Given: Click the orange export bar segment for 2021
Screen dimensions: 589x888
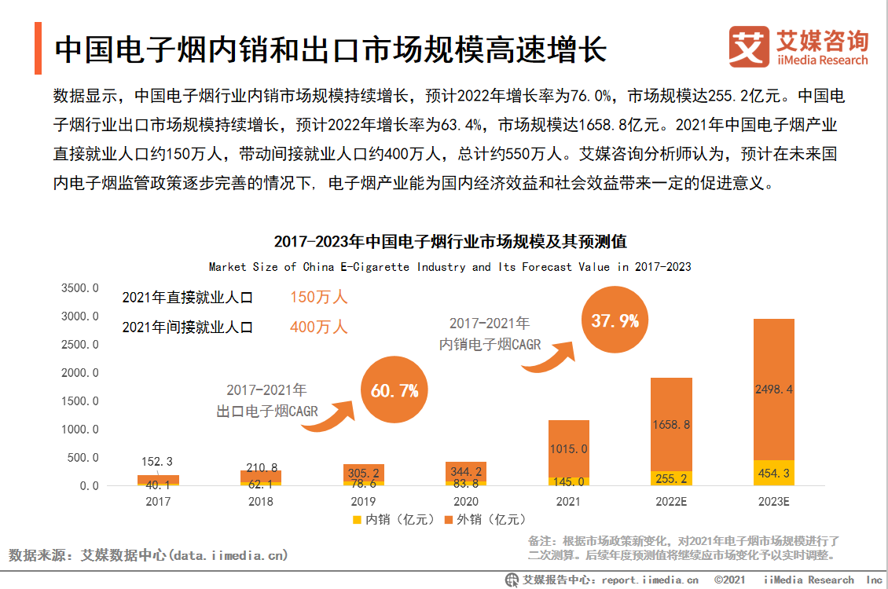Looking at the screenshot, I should pos(568,448).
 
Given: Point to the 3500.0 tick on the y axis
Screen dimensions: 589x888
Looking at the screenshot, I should pos(80,288).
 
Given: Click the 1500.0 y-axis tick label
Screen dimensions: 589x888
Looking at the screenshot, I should pos(80,401).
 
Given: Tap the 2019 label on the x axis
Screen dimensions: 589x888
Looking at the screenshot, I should pos(363,501).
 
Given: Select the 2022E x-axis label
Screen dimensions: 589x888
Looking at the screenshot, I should pos(670,501).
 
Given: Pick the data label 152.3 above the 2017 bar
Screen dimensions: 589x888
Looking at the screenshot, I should pos(158,462).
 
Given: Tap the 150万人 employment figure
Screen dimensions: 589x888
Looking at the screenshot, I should pos(318,298).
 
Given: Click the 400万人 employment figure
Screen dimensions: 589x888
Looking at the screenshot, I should pos(318,327).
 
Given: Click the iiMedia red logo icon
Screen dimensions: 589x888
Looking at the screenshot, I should pos(748,46).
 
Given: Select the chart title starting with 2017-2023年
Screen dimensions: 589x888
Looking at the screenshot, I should pos(450,241).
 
